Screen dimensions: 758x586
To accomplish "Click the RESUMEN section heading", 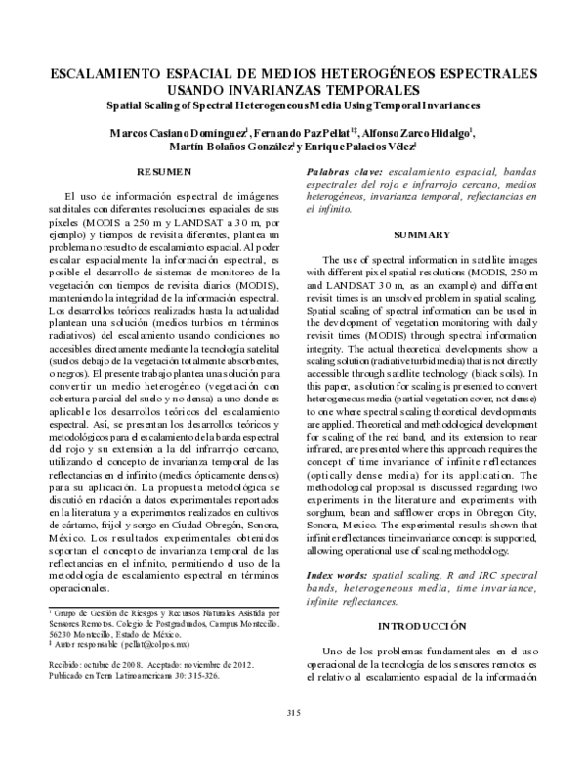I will (164, 172).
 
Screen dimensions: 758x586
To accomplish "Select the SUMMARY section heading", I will (422, 235).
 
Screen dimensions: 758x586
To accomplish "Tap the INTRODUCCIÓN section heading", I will (422, 625).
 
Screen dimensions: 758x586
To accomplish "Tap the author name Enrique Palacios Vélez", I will (356, 147).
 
